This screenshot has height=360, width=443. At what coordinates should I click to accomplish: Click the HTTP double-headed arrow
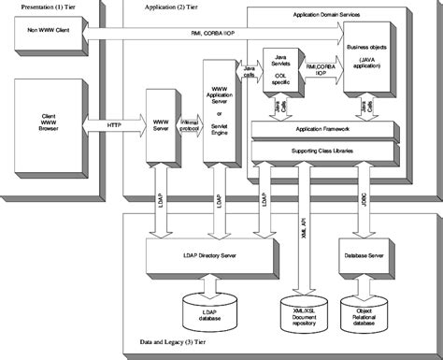pyautogui.click(x=112, y=124)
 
